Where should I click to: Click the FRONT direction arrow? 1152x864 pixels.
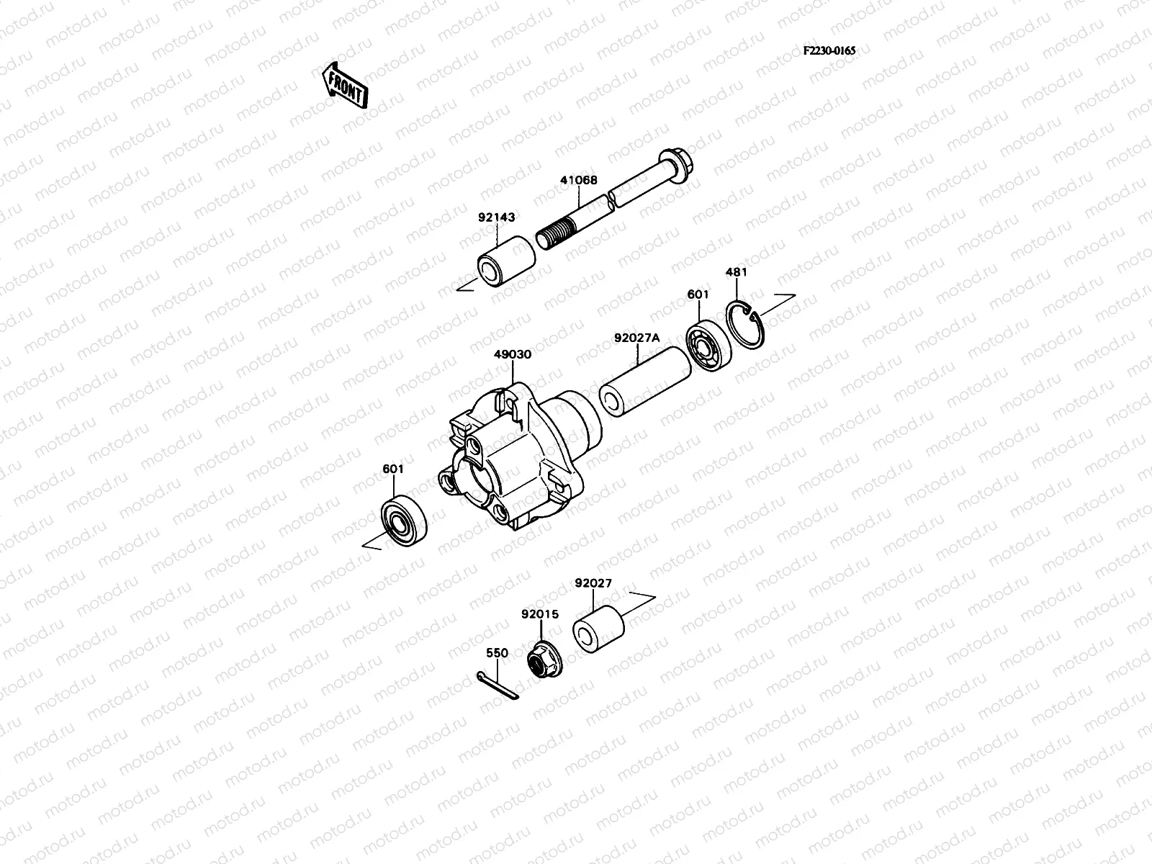point(344,85)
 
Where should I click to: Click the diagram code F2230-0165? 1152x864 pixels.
point(829,51)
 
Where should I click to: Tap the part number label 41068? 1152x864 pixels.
point(578,181)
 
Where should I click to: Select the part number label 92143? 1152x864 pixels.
point(495,217)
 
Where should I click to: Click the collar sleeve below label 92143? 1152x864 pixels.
point(507,266)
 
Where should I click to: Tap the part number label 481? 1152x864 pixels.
point(735,272)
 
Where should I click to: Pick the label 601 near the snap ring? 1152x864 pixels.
point(698,294)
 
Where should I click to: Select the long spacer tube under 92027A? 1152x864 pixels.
point(644,382)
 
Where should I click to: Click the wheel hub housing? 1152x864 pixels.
point(515,461)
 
